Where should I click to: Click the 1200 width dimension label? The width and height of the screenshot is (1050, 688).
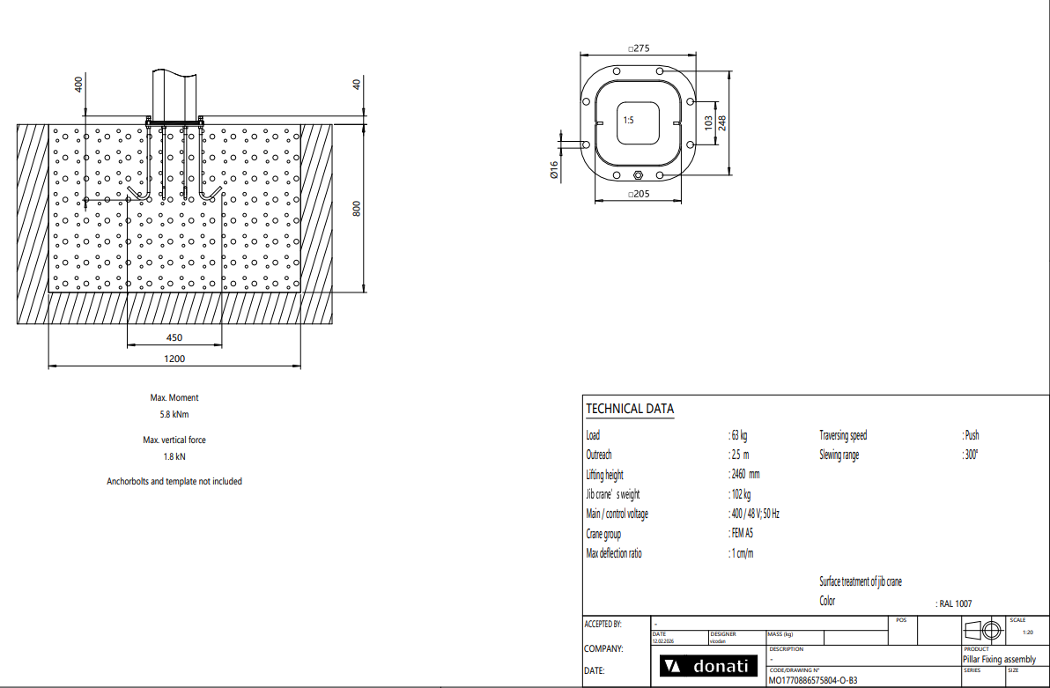pyautogui.click(x=174, y=359)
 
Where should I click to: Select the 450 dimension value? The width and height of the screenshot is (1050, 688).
pyautogui.click(x=174, y=337)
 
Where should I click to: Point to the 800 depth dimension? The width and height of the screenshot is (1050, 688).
pyautogui.click(x=357, y=209)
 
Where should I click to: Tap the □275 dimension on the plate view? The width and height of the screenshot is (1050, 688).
pyautogui.click(x=639, y=48)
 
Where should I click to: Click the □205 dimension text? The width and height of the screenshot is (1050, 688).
pyautogui.click(x=639, y=195)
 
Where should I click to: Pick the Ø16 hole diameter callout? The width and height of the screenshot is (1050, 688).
pyautogui.click(x=554, y=169)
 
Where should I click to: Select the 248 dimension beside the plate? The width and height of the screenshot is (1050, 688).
pyautogui.click(x=722, y=123)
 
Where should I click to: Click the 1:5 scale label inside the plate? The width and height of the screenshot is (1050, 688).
pyautogui.click(x=628, y=121)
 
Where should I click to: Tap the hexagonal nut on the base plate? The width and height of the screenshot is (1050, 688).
pyautogui.click(x=638, y=175)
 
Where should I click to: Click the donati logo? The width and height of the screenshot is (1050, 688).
pyautogui.click(x=708, y=666)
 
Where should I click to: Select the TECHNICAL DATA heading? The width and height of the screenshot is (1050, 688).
pyautogui.click(x=630, y=409)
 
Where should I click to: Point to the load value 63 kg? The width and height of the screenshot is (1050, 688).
pyautogui.click(x=739, y=435)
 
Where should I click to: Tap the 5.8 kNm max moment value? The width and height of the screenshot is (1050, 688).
pyautogui.click(x=174, y=414)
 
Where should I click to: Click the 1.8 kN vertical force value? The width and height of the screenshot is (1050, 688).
pyautogui.click(x=174, y=457)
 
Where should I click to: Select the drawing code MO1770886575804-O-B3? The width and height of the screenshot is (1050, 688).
pyautogui.click(x=813, y=681)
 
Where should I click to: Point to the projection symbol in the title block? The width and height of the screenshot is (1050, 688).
pyautogui.click(x=982, y=631)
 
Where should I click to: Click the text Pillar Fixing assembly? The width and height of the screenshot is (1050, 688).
pyautogui.click(x=999, y=659)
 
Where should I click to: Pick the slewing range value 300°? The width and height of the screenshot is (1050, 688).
pyautogui.click(x=972, y=455)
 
